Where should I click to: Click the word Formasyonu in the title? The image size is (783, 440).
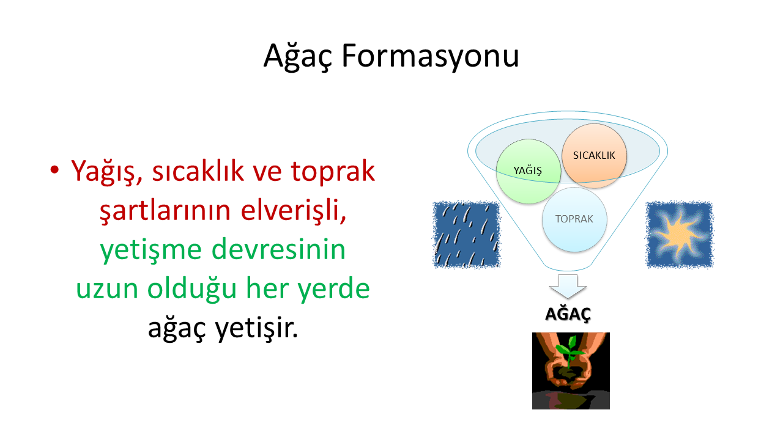pyautogui.click(x=430, y=56)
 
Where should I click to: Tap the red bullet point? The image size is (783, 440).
pyautogui.click(x=54, y=170)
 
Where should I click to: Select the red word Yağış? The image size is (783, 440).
pyautogui.click(x=106, y=172)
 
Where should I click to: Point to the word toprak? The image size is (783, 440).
pyautogui.click(x=333, y=172)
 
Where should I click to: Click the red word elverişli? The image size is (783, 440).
pyautogui.click(x=293, y=211)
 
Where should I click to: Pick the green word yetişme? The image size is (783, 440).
pyautogui.click(x=150, y=251)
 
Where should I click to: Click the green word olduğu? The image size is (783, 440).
pyautogui.click(x=192, y=290)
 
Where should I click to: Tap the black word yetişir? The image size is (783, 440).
pyautogui.click(x=256, y=328)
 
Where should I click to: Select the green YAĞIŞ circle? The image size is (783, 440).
pyautogui.click(x=528, y=171)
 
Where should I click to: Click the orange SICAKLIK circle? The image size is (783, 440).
pyautogui.click(x=594, y=156)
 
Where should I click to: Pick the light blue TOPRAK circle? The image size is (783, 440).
pyautogui.click(x=574, y=219)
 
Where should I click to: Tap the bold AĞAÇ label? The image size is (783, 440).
pyautogui.click(x=568, y=314)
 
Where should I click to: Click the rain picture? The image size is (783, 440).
pyautogui.click(x=467, y=235)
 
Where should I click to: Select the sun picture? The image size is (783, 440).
pyautogui.click(x=680, y=235)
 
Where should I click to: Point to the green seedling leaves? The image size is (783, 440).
pyautogui.click(x=570, y=349)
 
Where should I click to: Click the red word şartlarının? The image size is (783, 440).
pyautogui.click(x=165, y=211)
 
